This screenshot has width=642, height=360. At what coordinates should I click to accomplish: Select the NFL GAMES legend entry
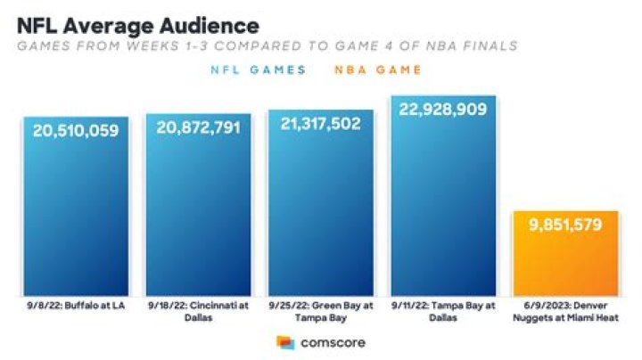click(x=259, y=70)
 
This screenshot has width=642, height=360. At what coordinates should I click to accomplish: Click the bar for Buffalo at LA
click(x=76, y=214)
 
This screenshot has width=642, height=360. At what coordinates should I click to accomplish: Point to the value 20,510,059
click(x=76, y=131)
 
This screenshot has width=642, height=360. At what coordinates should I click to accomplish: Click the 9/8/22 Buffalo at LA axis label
click(x=76, y=307)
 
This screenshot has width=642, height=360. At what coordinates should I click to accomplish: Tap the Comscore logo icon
click(x=285, y=342)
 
